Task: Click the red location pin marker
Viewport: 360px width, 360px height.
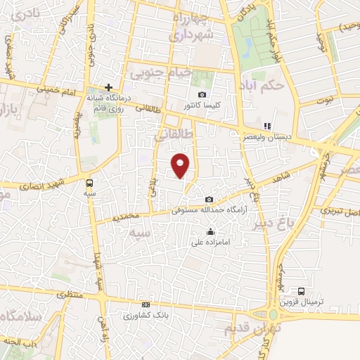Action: tap(181, 165)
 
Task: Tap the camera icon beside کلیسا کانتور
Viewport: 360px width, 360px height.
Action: tap(202, 95)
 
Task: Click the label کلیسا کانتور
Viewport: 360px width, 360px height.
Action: tap(202, 105)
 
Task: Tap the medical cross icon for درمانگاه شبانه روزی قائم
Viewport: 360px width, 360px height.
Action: tap(108, 86)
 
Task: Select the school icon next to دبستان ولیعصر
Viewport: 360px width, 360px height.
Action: tap(266, 127)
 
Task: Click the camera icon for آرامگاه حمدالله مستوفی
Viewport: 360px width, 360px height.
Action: tap(209, 200)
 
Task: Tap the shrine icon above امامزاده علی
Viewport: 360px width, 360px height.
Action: tap(210, 233)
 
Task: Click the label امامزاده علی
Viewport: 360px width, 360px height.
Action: tap(210, 243)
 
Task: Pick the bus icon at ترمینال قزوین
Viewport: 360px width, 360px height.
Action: tap(301, 291)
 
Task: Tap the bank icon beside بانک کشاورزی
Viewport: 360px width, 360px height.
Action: tap(146, 304)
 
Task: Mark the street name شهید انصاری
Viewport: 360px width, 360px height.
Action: tap(49, 184)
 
